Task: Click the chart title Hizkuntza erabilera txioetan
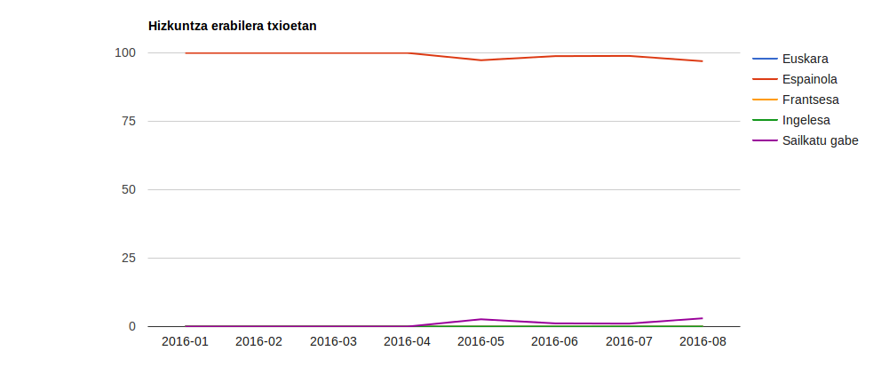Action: [232, 26]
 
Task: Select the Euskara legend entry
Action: [805, 60]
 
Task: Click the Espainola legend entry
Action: [809, 80]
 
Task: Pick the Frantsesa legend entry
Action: [810, 100]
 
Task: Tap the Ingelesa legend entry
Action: [806, 120]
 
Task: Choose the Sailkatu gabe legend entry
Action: [820, 140]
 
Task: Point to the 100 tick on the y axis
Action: [125, 53]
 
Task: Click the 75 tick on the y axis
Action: [129, 121]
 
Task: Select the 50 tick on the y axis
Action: [129, 189]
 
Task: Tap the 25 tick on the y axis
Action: [129, 258]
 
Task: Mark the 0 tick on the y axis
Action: [132, 326]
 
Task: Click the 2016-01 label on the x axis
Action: [185, 342]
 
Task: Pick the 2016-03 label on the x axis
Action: [333, 342]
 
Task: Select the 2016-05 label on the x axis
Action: [480, 342]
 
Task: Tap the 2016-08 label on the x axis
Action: [702, 342]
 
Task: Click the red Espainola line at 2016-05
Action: [480, 60]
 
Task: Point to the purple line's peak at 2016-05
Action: [480, 319]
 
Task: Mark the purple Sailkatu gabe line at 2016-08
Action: [702, 318]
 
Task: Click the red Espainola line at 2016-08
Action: [702, 61]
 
